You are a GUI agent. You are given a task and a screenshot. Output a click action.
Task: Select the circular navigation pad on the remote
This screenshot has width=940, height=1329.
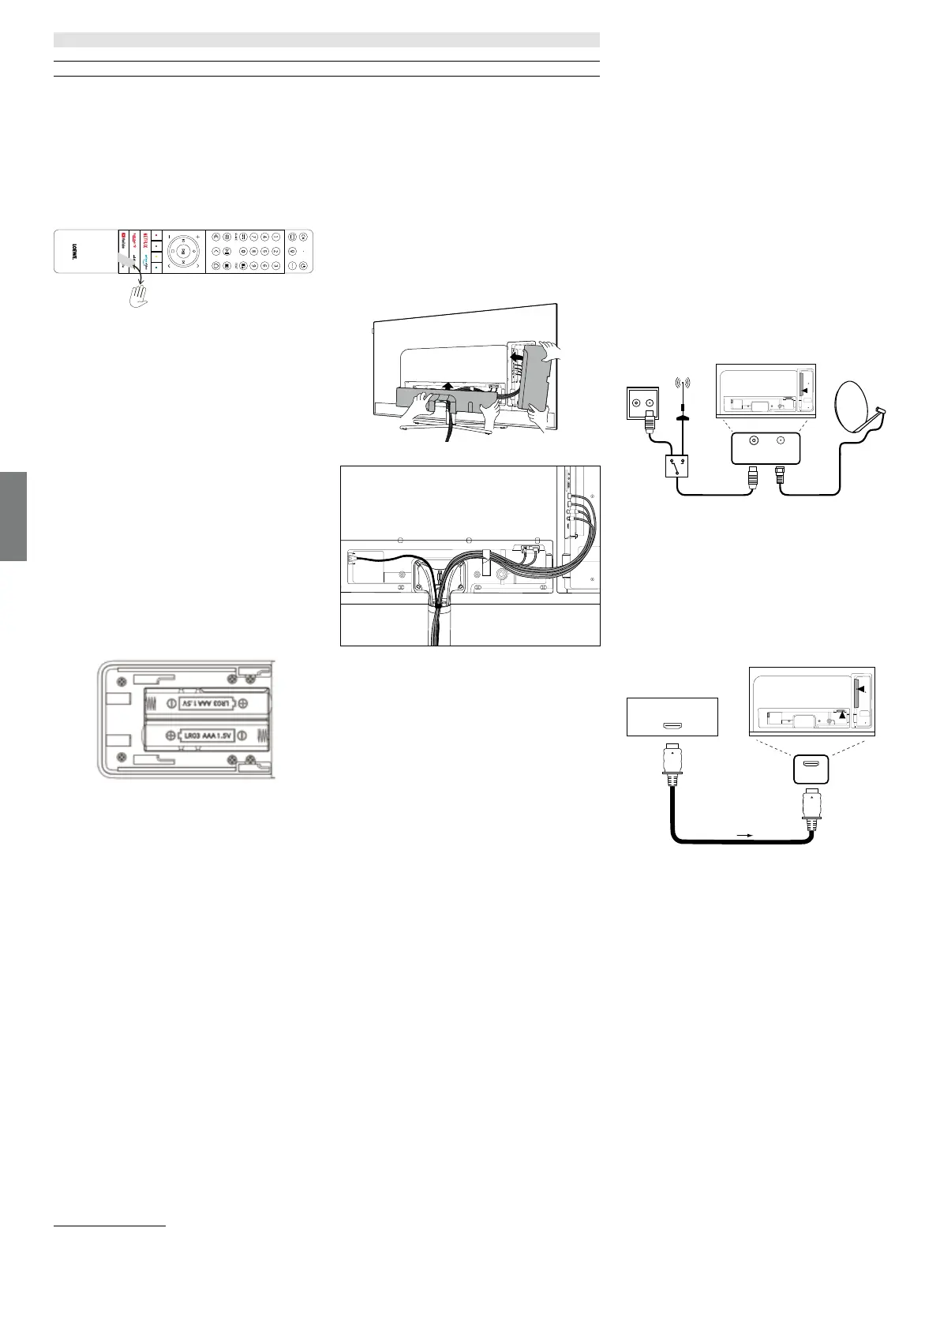point(182,251)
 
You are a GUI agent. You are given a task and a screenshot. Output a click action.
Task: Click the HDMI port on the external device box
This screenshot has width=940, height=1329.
point(672,725)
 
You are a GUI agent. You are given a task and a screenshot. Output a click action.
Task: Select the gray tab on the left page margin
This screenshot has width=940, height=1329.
point(13,516)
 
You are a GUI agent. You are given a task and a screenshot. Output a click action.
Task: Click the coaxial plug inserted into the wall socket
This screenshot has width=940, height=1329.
point(649,422)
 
